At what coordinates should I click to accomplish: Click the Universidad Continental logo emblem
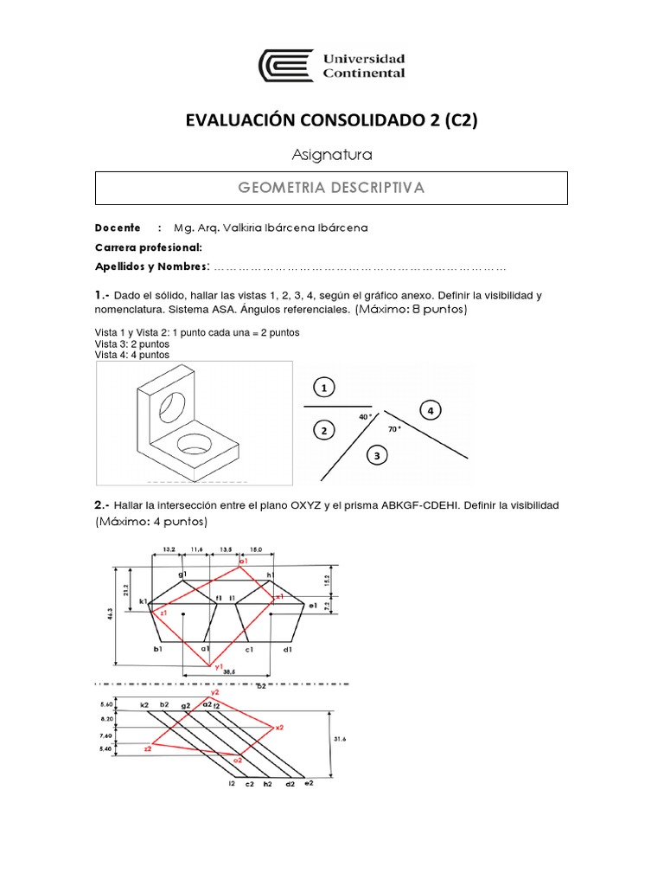point(286,67)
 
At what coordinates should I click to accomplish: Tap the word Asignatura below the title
point(332,156)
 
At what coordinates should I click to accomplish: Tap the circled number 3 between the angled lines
point(377,453)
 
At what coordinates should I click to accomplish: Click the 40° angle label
point(364,416)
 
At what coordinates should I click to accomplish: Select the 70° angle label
point(393,428)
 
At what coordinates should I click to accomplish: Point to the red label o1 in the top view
point(244,562)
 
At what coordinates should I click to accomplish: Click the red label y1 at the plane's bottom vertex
point(207,665)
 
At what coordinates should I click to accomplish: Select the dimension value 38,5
point(228,671)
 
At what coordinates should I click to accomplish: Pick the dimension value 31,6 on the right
point(339,738)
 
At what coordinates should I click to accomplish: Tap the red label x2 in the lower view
point(279,728)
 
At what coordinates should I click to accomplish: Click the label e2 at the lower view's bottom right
point(309,783)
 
